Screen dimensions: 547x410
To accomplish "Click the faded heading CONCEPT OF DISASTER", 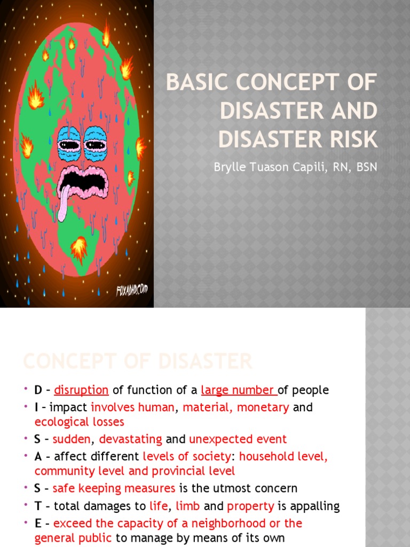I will (x=137, y=362).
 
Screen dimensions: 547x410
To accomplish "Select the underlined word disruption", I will (x=81, y=390).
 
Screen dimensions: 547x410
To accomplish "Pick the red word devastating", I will (x=130, y=439).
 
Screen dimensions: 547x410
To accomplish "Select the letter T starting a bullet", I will (x=37, y=506).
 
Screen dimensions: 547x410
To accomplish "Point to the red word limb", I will (x=188, y=506).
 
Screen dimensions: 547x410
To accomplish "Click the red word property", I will (x=250, y=506).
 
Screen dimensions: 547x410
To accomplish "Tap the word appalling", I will (x=313, y=506).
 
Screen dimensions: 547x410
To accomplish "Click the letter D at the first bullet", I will (x=38, y=390).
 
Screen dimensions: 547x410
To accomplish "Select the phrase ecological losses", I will (x=79, y=422).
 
